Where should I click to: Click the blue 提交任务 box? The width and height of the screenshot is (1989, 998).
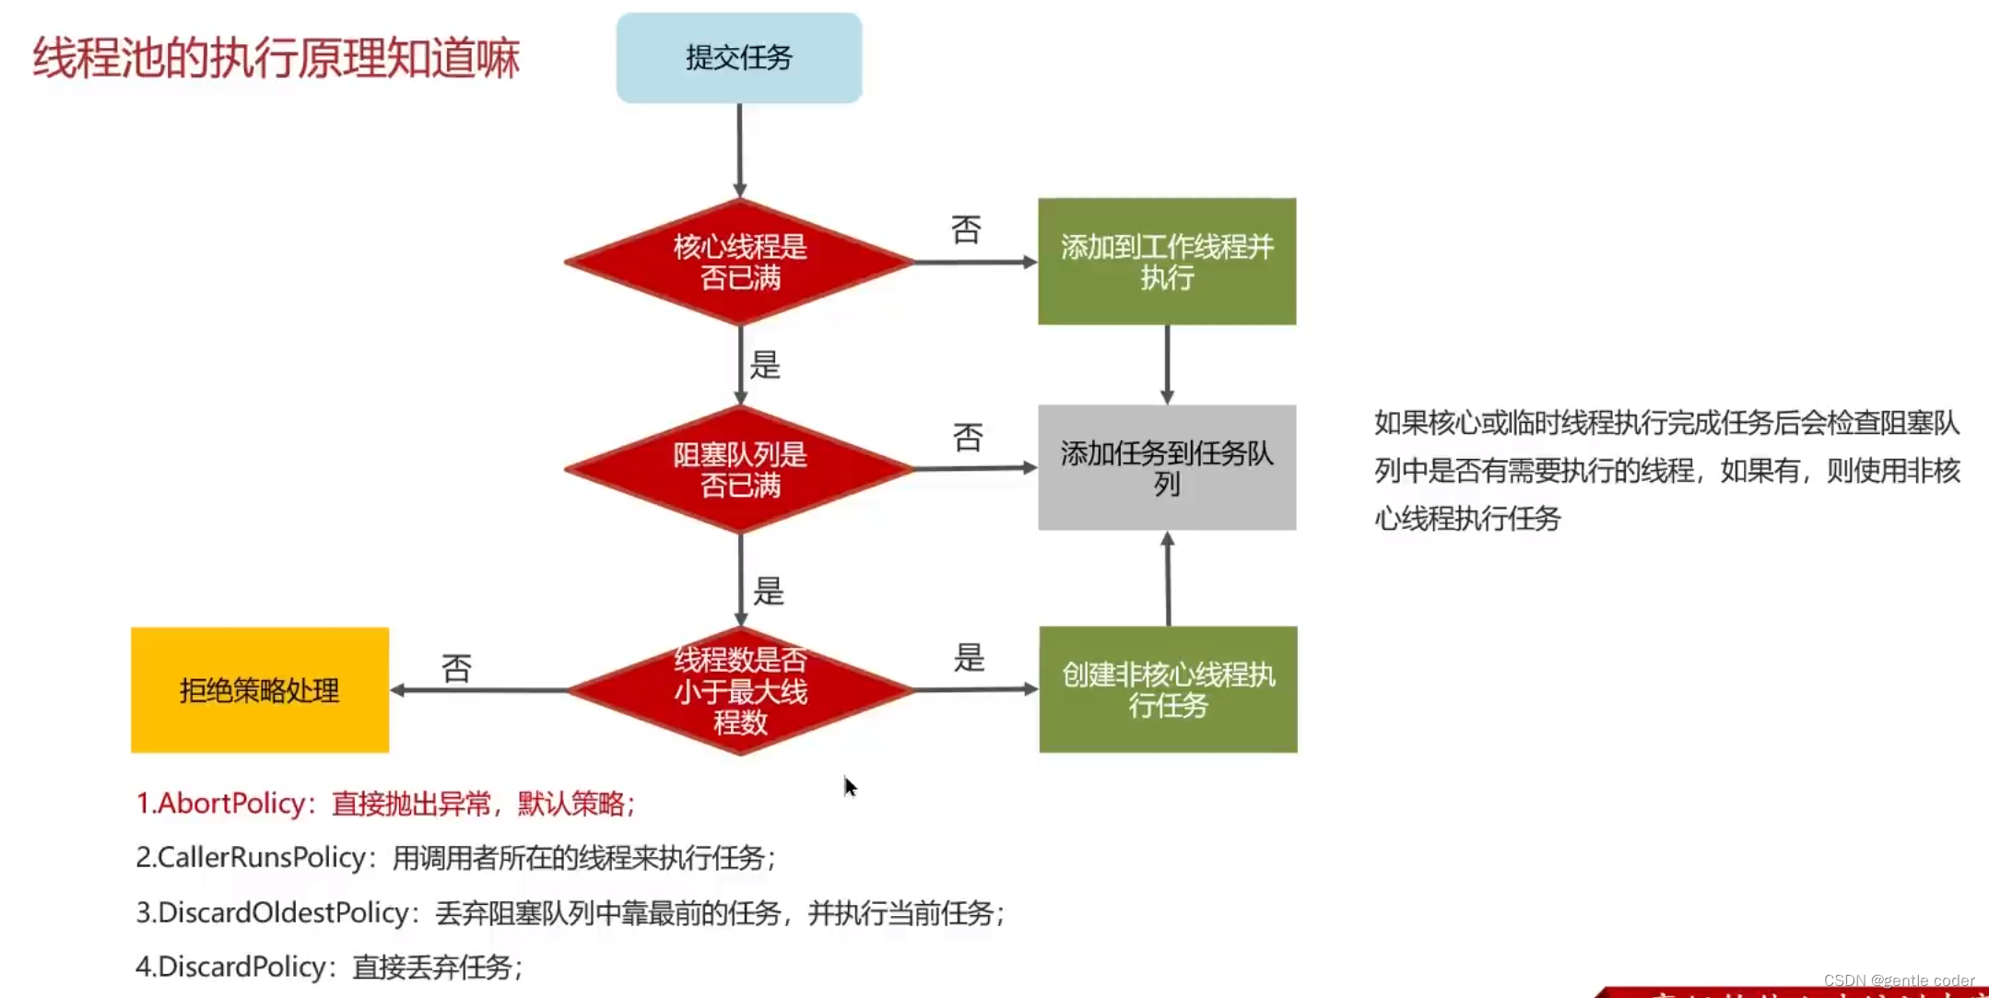click(x=739, y=57)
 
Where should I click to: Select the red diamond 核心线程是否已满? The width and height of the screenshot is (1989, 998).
click(x=739, y=262)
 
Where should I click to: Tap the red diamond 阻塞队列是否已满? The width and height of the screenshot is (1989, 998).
click(x=739, y=469)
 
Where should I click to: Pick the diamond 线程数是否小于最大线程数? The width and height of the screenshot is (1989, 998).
click(x=740, y=690)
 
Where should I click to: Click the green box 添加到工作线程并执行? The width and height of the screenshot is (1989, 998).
click(x=1167, y=262)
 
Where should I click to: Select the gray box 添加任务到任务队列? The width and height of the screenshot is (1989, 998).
click(x=1167, y=468)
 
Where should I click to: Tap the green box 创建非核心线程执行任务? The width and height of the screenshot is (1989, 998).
click(x=1168, y=689)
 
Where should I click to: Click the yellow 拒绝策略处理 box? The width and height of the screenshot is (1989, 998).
click(x=260, y=690)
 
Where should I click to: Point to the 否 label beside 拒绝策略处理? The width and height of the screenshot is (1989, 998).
click(x=456, y=668)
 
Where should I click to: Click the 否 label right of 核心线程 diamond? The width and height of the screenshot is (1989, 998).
click(x=966, y=229)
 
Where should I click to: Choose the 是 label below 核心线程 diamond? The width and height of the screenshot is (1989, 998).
click(x=765, y=365)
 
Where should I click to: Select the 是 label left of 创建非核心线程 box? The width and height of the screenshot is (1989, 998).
click(x=969, y=658)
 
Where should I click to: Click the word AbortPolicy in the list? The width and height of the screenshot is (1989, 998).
click(x=231, y=804)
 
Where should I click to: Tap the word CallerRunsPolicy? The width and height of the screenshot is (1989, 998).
click(x=262, y=858)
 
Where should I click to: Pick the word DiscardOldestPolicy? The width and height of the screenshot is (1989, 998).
click(x=284, y=912)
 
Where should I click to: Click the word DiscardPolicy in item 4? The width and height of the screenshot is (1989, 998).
click(x=241, y=967)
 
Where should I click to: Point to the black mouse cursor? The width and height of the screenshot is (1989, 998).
click(x=850, y=786)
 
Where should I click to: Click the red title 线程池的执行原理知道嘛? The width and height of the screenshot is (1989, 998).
click(x=277, y=58)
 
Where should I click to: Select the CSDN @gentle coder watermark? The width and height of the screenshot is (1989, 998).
click(x=1899, y=980)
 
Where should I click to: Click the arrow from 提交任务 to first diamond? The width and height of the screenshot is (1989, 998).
click(x=739, y=149)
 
